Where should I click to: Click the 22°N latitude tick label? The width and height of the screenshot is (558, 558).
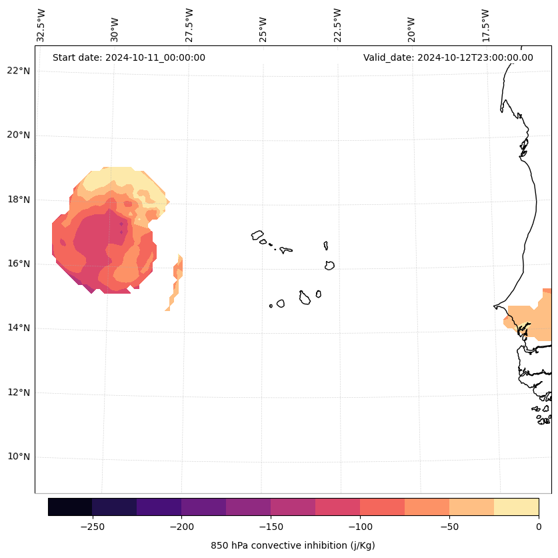click(18, 71)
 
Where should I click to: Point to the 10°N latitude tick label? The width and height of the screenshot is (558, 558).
click(18, 457)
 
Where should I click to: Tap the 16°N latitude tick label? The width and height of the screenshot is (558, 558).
click(18, 264)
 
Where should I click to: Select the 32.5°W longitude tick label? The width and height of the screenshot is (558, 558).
click(41, 25)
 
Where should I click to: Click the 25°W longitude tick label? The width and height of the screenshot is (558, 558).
click(263, 29)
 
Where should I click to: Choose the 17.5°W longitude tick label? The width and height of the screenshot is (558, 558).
click(486, 25)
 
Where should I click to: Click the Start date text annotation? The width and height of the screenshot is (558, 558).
click(129, 57)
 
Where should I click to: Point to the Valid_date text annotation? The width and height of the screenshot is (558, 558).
click(448, 57)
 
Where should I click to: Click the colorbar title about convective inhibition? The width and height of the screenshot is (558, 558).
click(293, 545)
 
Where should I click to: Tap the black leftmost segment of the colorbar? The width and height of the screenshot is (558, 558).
click(70, 507)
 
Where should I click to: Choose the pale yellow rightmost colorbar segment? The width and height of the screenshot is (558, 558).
click(517, 507)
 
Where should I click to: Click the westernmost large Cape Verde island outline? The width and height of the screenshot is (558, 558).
click(257, 235)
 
